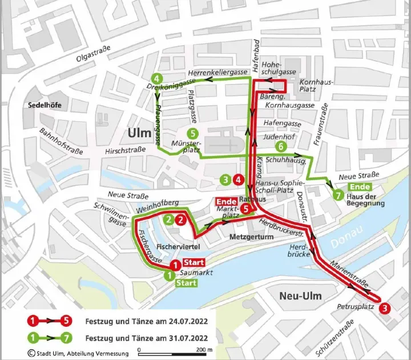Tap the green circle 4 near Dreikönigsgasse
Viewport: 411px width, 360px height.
click(156, 79)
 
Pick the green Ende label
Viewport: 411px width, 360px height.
click(360, 187)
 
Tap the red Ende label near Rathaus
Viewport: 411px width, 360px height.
click(225, 201)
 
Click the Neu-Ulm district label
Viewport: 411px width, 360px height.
click(300, 295)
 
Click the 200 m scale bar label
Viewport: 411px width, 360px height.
click(203, 350)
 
